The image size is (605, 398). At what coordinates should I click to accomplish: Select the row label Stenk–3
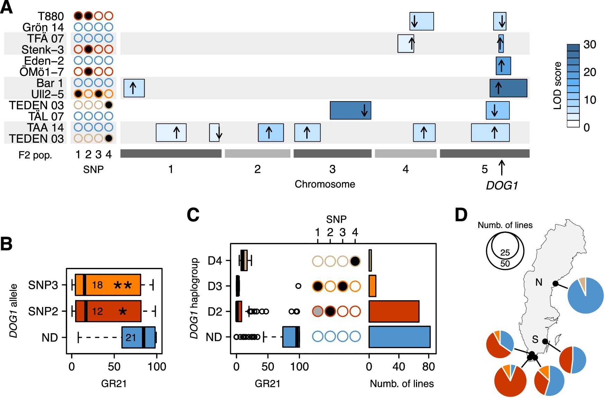43,50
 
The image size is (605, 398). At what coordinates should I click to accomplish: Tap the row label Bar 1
50,83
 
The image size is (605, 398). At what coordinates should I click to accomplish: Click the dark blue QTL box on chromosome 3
350,110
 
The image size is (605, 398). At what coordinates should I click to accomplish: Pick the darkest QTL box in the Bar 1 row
508,88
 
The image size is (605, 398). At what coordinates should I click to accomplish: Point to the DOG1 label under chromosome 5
502,186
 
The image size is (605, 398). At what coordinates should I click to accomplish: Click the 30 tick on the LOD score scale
589,45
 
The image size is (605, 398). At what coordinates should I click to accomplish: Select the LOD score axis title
557,86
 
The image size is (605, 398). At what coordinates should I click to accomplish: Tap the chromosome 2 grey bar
257,153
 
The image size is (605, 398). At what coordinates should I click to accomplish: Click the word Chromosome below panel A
325,184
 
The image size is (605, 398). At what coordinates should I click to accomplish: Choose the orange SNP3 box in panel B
108,285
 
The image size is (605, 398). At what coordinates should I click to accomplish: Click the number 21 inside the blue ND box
131,337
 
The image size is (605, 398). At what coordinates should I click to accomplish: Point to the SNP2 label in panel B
43,311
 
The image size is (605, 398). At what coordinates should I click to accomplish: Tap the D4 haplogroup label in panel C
215,260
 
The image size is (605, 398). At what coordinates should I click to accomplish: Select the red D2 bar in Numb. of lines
394,311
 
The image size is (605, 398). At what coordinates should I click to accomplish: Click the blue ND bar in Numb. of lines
399,337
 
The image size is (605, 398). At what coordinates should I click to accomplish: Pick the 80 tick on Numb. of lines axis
428,366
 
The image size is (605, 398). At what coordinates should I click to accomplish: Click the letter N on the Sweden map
539,283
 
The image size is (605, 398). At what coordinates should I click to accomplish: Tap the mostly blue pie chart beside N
586,295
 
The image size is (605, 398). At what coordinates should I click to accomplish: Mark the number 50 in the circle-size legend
505,264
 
